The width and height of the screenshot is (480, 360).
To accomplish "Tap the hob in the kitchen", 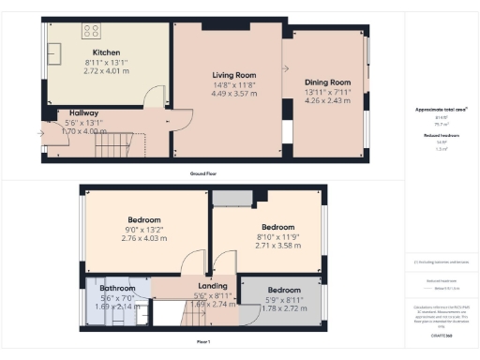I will tap(94, 30).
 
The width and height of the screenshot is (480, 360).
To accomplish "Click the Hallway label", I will tap(82, 113).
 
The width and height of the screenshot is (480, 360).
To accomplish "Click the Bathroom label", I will tap(118, 288).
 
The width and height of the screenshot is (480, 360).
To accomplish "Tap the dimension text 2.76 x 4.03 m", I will tap(144, 238).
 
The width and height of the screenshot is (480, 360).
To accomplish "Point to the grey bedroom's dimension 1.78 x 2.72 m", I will tap(284, 307).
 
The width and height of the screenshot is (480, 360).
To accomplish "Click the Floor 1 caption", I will tap(203, 343).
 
